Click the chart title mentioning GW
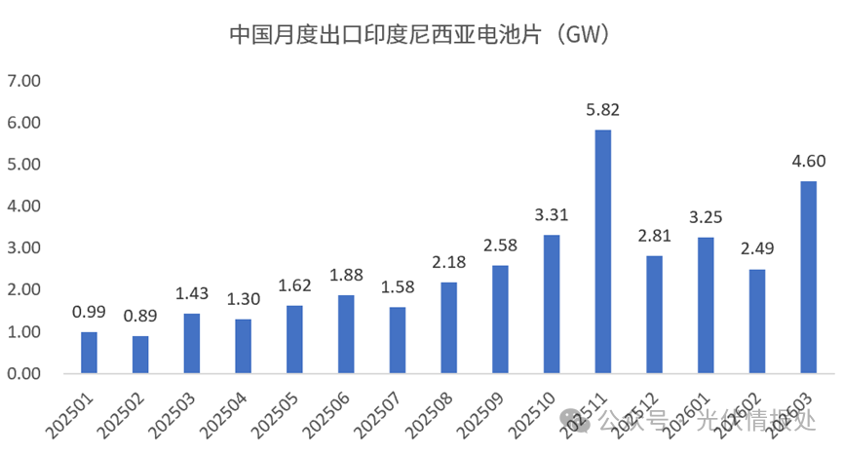[420, 35]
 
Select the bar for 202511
[602, 251]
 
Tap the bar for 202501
[89, 353]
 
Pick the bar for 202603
[808, 278]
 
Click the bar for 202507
[397, 340]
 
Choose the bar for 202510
[552, 304]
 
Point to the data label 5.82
[602, 109]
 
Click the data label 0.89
[140, 316]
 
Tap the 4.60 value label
[808, 161]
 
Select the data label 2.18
[448, 262]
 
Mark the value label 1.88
[346, 275]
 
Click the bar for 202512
[654, 315]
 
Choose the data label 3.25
[706, 217]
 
